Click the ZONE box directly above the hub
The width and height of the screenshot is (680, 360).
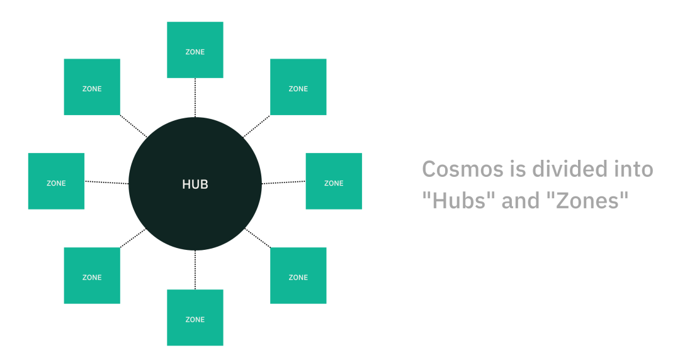[x=195, y=50]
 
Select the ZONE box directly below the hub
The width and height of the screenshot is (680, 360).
[x=195, y=318]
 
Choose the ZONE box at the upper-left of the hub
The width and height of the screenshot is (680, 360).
[x=92, y=87]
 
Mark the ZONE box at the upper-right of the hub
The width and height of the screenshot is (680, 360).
[x=298, y=87]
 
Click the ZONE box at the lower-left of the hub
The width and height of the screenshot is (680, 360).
[x=92, y=276]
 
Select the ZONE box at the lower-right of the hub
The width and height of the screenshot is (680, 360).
[x=298, y=276]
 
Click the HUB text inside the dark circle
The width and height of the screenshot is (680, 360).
[x=195, y=184]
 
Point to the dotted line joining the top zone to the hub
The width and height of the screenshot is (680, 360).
[x=195, y=98]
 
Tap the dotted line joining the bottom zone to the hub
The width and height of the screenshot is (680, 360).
[x=195, y=270]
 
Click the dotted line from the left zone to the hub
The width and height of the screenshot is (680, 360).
[x=106, y=183]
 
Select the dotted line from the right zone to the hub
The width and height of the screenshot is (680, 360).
[x=283, y=183]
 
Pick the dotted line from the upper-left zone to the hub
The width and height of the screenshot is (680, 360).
[x=133, y=126]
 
